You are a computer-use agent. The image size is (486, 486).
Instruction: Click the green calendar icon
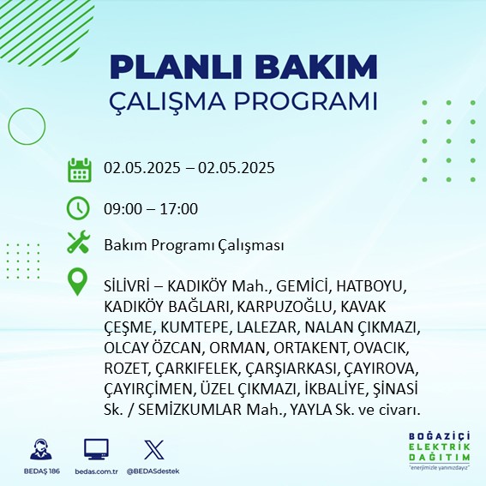80,170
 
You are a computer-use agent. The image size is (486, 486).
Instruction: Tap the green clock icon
78,208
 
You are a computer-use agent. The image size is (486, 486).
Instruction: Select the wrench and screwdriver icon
78,242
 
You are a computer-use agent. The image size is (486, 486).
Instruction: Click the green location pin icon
77,281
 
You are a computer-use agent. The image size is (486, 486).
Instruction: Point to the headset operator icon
41,449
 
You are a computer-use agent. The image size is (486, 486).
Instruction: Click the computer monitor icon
96,449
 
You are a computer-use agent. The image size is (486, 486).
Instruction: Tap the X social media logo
154,449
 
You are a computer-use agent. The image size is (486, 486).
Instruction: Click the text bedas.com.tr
96,471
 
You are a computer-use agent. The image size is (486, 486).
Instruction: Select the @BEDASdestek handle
153,471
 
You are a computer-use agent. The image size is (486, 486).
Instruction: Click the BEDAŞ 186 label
41,471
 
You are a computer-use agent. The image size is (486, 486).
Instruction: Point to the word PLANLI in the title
176,67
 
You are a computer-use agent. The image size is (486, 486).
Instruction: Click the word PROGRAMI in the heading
306,101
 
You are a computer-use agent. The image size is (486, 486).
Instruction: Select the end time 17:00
179,208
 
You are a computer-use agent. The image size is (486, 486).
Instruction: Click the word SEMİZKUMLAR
189,410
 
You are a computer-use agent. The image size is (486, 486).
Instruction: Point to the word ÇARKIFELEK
198,369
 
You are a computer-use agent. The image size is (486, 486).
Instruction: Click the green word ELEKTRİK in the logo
439,447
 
